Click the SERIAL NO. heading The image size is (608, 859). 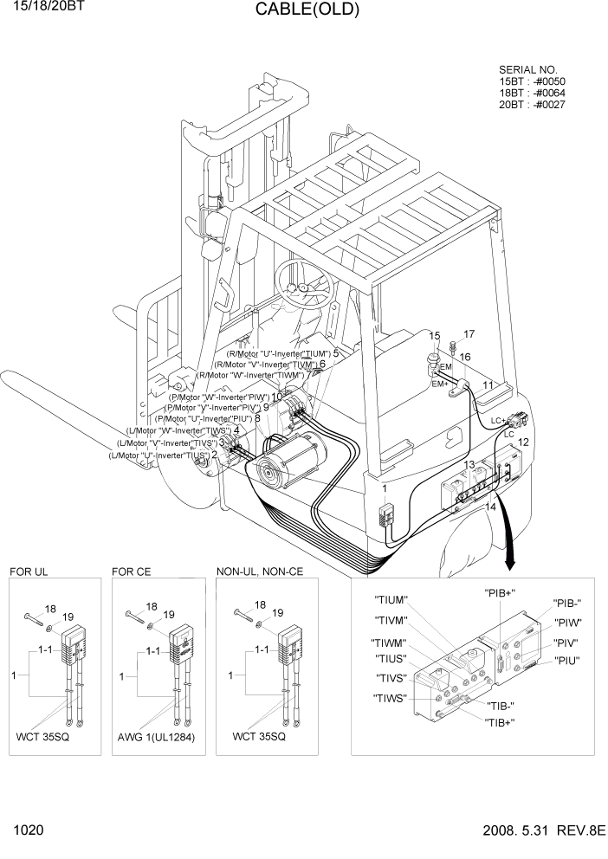tap(528, 70)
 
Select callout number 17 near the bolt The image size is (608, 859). tap(469, 334)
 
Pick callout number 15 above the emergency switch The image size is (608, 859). tap(435, 336)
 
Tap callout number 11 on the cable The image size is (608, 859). tap(488, 384)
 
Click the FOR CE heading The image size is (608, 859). tap(132, 572)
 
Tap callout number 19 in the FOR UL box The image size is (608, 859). tap(68, 617)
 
